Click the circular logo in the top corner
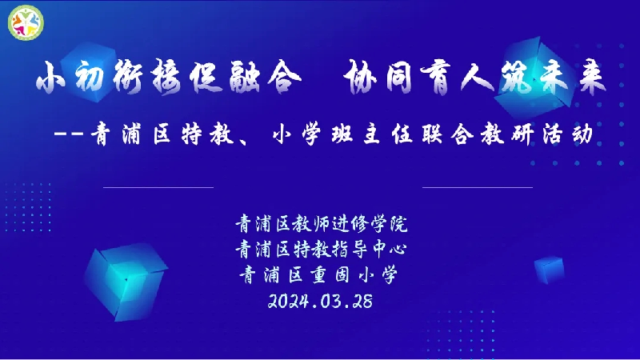click(x=26, y=23)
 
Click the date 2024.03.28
click(x=320, y=302)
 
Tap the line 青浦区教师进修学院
click(x=322, y=224)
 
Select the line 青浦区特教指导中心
click(x=322, y=249)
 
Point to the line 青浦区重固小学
click(x=318, y=274)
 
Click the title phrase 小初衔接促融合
click(x=169, y=77)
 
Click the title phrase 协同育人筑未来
click(x=474, y=77)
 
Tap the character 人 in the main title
click(x=478, y=78)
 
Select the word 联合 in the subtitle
click(x=448, y=134)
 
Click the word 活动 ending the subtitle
click(x=568, y=134)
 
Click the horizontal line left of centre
click(x=158, y=187)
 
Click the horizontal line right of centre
click(x=478, y=187)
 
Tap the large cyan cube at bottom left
click(x=126, y=282)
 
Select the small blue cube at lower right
click(x=550, y=270)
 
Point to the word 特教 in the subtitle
click(x=207, y=134)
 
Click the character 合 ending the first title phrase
click(x=285, y=77)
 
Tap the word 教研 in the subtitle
click(x=507, y=134)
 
